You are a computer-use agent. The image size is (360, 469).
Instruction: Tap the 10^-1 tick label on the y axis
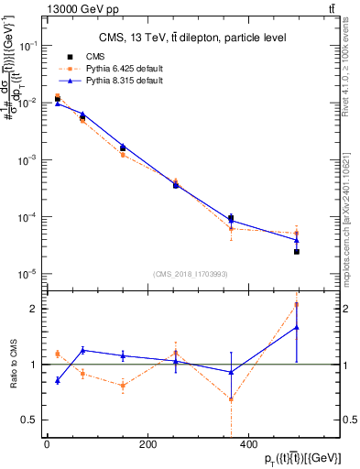(29, 45)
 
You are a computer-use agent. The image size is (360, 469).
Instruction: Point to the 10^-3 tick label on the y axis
(29, 159)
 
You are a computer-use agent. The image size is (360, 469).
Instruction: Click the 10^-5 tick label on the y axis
(29, 274)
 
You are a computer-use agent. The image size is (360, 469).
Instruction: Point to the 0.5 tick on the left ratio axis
(34, 420)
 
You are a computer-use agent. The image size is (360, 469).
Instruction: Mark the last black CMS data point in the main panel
(296, 251)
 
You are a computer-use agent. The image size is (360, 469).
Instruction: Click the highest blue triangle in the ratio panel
(296, 327)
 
